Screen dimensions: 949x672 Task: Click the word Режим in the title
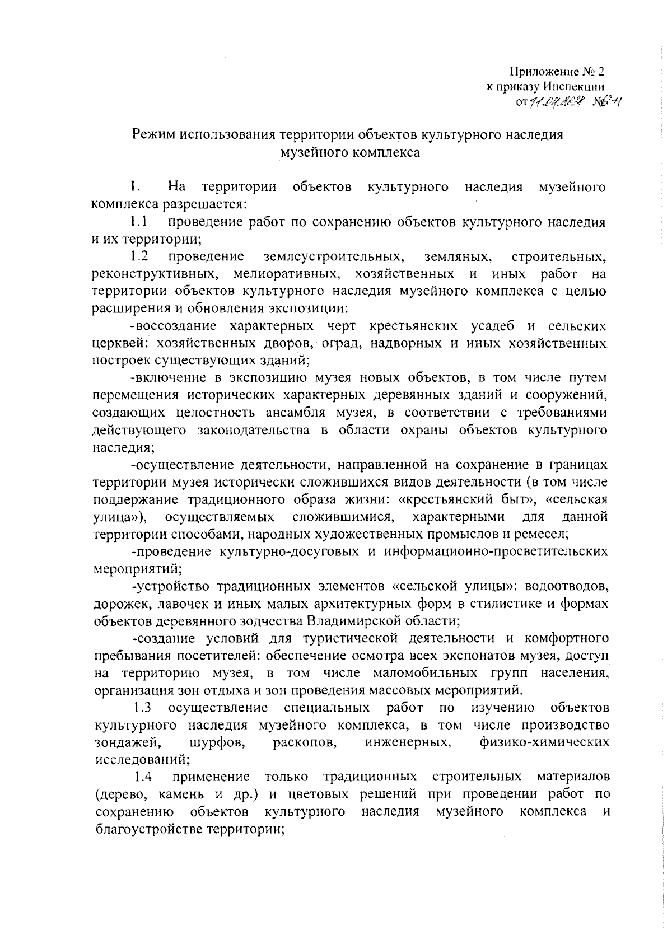click(x=151, y=135)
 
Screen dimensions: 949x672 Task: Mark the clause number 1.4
click(x=144, y=777)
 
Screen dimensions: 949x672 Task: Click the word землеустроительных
click(x=334, y=257)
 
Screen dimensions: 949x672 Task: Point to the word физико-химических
click(x=544, y=742)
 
